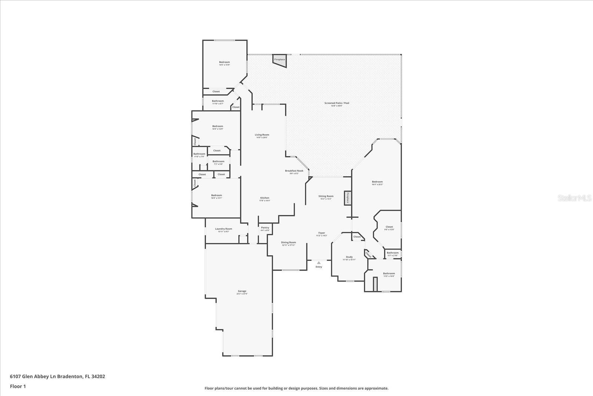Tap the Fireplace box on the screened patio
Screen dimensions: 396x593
pyautogui.click(x=279, y=60)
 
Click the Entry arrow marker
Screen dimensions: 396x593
pyautogui.click(x=318, y=263)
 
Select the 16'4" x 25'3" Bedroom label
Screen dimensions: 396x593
pyautogui.click(x=377, y=183)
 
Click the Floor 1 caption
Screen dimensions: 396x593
pyautogui.click(x=18, y=386)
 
